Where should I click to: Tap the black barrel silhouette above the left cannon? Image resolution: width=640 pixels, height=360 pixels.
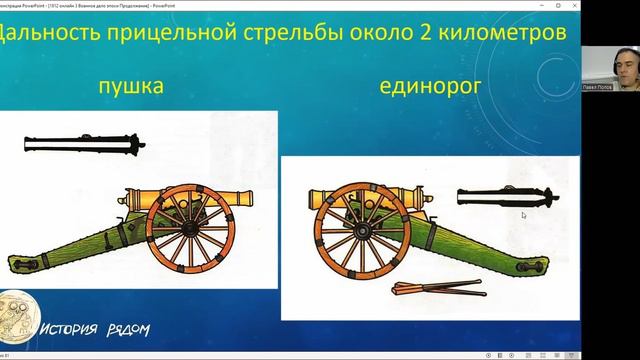coord(79,145)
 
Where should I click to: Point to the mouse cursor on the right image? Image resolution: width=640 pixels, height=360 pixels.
coord(523,215)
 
